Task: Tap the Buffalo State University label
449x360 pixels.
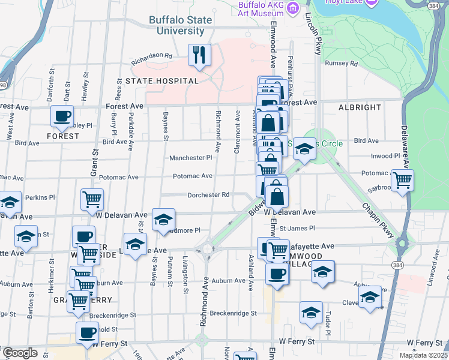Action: [181, 25]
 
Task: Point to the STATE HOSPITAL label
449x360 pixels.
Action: [161, 81]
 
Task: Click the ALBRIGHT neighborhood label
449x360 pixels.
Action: [360, 107]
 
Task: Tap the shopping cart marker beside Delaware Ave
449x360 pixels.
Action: [402, 179]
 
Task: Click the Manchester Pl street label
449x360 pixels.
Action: [190, 158]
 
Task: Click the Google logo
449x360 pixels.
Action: [20, 353]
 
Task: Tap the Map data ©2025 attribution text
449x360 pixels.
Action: [423, 356]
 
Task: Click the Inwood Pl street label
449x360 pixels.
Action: [385, 156]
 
